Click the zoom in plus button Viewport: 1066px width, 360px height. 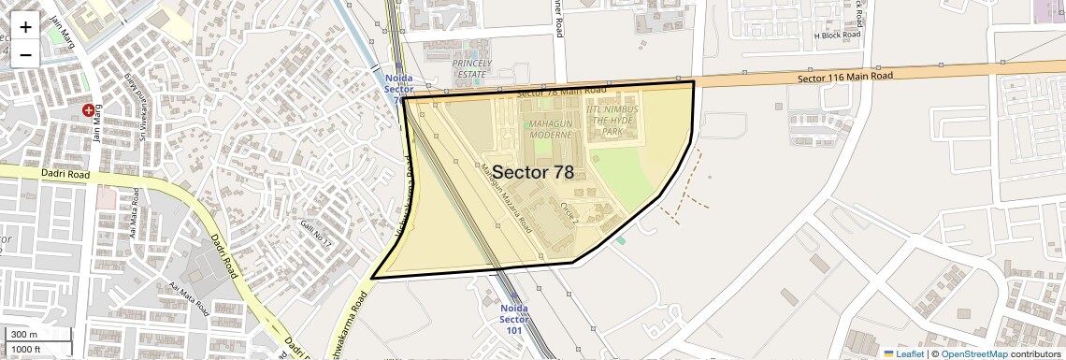(25, 26)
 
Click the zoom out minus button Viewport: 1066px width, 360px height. (25, 54)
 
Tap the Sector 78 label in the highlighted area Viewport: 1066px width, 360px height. (533, 172)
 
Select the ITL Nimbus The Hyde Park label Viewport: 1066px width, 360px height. (612, 121)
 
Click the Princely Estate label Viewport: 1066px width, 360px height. (471, 68)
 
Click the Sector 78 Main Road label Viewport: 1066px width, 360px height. (561, 92)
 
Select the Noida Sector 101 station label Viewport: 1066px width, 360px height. (514, 319)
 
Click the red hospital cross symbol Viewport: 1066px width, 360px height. (89, 110)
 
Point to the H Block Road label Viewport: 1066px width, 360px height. (836, 36)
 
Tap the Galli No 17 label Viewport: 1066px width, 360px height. (316, 233)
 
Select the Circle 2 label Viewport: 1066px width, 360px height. (569, 212)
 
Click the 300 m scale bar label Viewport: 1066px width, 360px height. (24, 335)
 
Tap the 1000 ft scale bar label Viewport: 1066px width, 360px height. (26, 349)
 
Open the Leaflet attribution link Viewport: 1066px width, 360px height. (904, 353)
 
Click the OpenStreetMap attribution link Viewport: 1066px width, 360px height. (973, 353)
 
